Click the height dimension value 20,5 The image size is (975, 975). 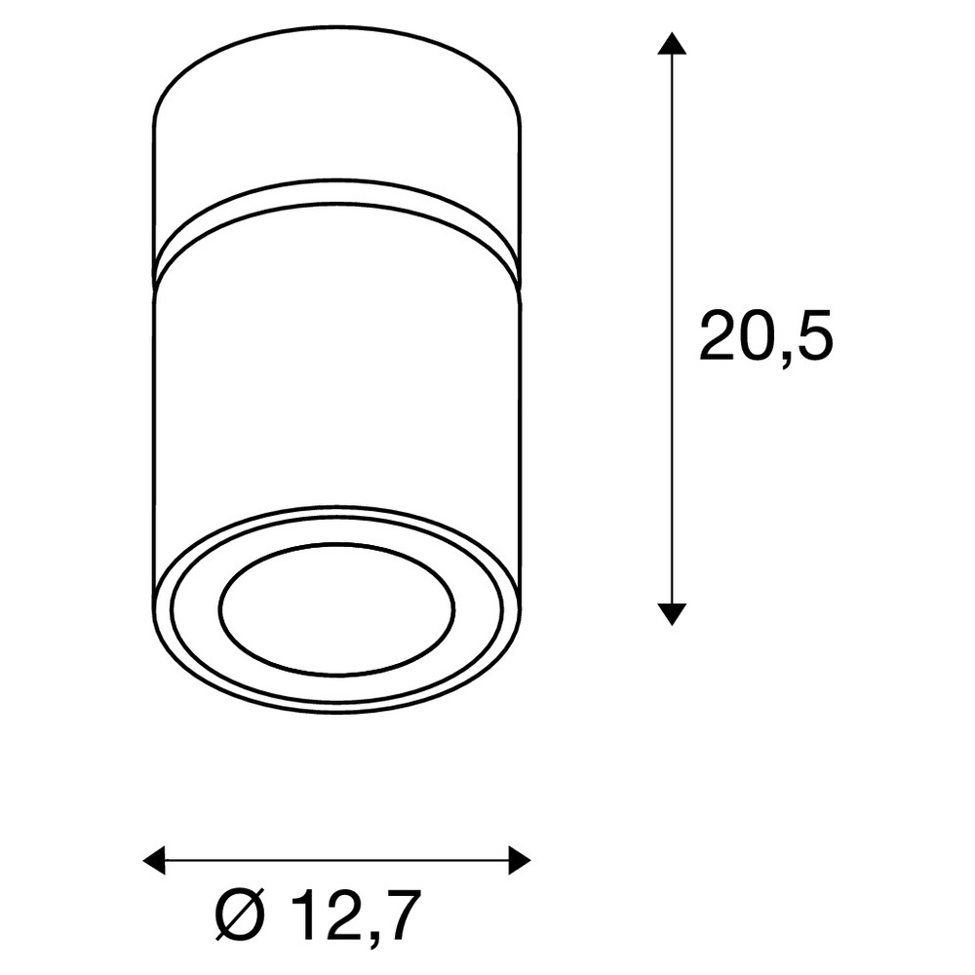[x=766, y=335]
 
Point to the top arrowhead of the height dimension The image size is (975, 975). [x=672, y=44]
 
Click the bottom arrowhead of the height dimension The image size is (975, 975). [x=672, y=613]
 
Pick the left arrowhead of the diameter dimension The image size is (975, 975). [x=154, y=861]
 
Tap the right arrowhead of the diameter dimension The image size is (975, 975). [x=520, y=861]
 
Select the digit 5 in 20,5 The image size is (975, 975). [x=811, y=335]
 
